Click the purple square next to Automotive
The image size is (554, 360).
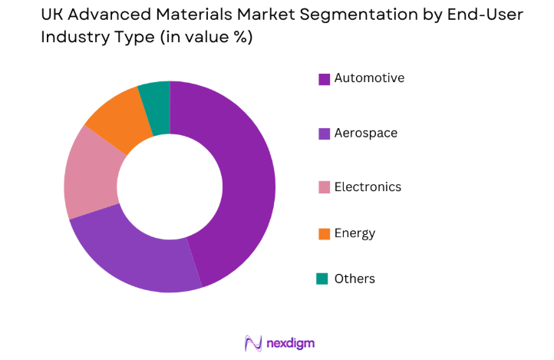coord(325,78)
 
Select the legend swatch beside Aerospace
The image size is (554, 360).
coord(325,134)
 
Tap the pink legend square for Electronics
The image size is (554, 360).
coord(325,187)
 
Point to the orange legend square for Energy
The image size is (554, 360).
coord(325,233)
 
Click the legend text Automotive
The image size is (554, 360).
coord(369,78)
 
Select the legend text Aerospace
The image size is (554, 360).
coord(366,134)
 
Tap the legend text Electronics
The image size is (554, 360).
coord(368,187)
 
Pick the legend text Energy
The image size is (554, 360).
coord(354,233)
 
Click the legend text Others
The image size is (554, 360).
coord(354,279)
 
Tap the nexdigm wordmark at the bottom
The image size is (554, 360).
coord(290,342)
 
